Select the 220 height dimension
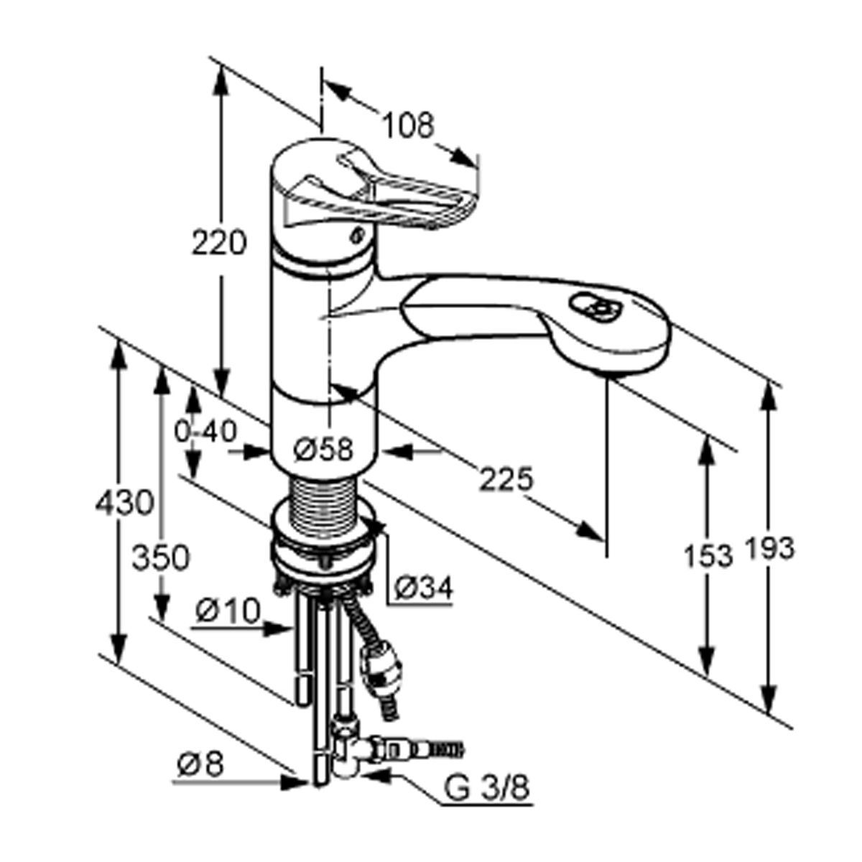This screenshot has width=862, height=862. tap(219, 244)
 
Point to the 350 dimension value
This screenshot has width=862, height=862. tap(161, 558)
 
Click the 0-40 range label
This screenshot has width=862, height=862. tap(205, 432)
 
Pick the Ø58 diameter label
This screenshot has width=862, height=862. tap(323, 449)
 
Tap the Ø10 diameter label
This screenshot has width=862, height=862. tap(228, 611)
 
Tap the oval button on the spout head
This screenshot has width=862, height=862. tap(595, 307)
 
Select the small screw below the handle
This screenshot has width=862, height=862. tap(356, 236)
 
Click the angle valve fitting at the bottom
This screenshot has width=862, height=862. tap(353, 759)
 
